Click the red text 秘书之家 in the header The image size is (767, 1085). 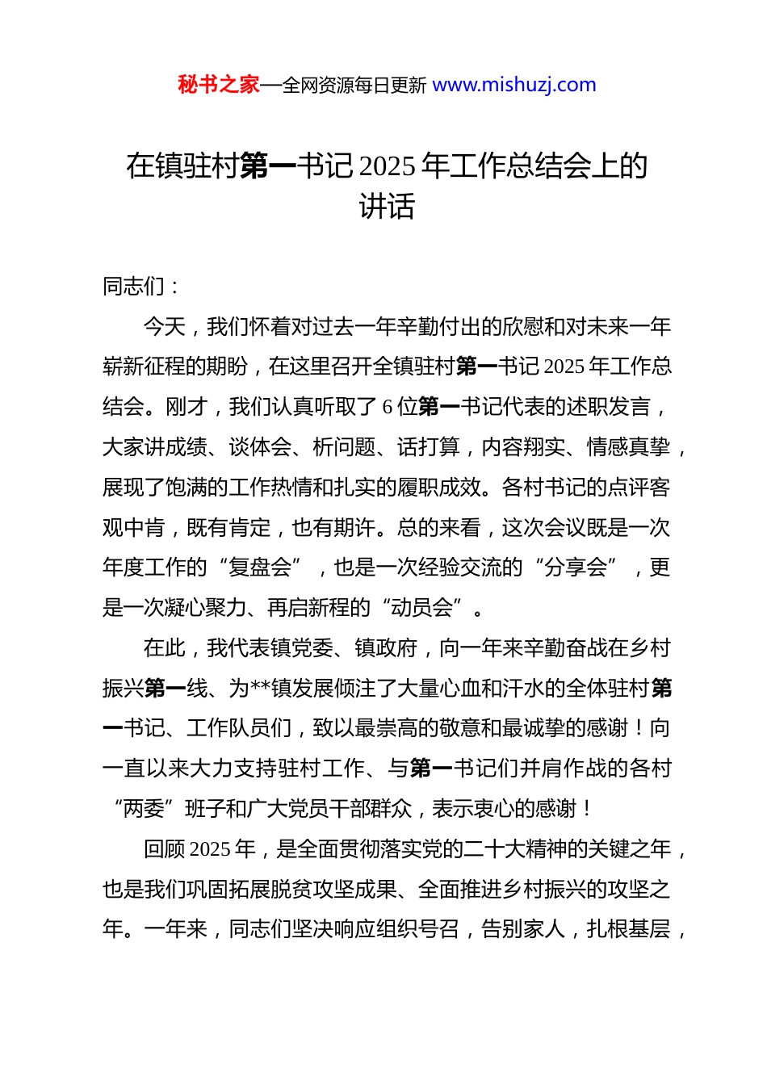pos(219,85)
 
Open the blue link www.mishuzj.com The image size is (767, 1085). pos(514,85)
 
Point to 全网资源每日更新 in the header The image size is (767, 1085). pos(354,86)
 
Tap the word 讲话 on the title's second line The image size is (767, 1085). pos(387,207)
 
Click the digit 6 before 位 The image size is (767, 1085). pos(388,407)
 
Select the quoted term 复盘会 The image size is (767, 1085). pos(260,568)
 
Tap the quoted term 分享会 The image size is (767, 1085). pos(576,568)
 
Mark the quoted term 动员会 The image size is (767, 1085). pos(420,608)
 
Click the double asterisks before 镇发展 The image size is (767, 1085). pos(260,689)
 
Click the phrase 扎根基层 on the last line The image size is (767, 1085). pos(628,929)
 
